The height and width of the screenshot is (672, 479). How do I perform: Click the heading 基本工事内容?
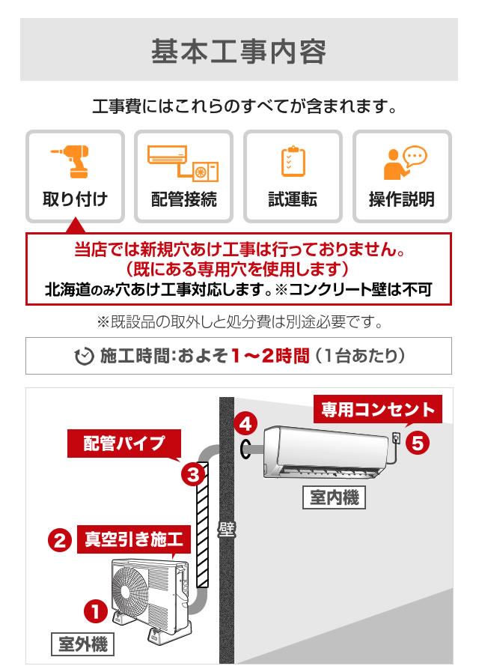pos(239,51)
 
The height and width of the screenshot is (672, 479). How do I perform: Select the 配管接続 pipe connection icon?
pos(183,163)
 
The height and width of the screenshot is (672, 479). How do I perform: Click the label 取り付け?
pos(75,199)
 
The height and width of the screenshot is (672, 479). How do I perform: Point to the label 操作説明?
pos(402,199)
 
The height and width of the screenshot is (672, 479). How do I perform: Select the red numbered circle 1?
pos(96,611)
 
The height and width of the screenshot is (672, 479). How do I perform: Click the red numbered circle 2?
pos(59,539)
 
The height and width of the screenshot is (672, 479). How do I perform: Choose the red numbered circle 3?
pos(192,473)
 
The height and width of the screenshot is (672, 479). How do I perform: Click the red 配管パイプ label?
pos(124,443)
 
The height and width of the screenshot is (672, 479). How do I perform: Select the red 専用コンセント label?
pos(378,410)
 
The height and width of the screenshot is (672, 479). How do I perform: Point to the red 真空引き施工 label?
pos(134,539)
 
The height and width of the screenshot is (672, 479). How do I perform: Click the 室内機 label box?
pos(335,497)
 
